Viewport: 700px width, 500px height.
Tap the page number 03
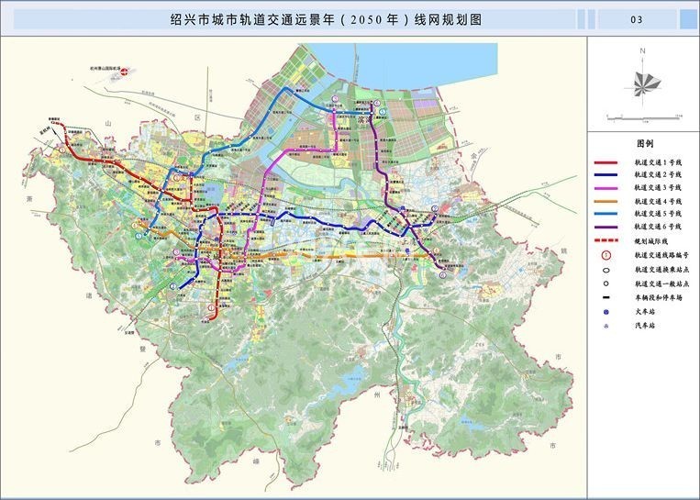point(636,18)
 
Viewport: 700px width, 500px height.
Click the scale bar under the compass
point(643,116)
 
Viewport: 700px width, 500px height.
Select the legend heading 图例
point(643,144)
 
